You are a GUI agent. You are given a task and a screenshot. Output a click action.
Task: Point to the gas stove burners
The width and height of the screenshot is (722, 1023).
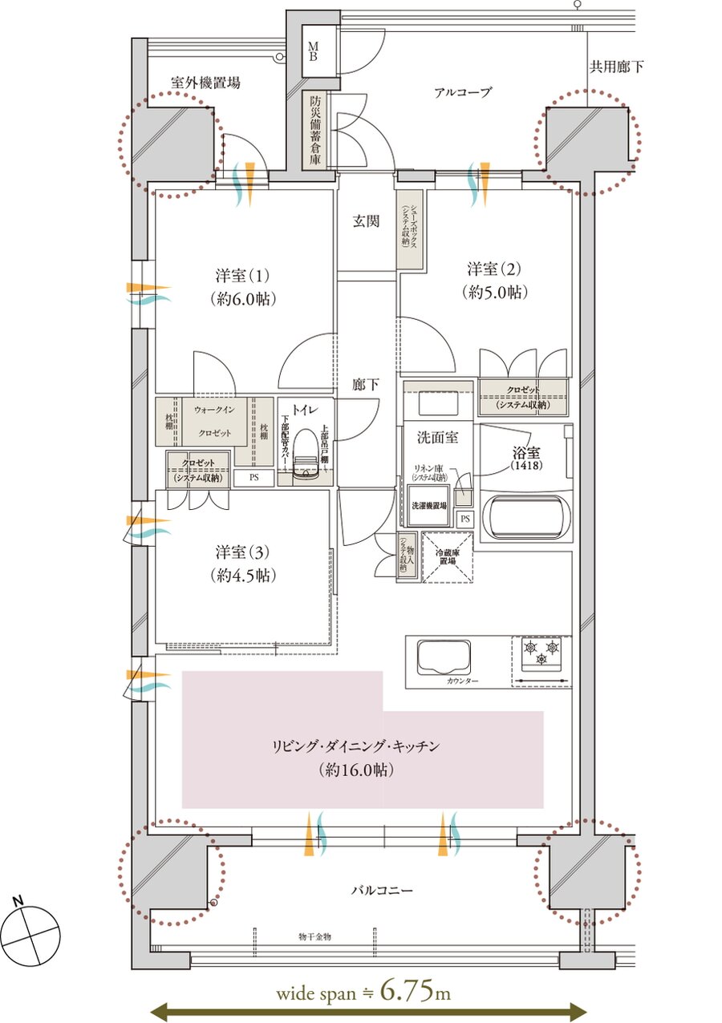(x=541, y=652)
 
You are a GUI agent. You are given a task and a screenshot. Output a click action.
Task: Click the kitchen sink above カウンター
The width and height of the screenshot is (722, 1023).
(x=440, y=657)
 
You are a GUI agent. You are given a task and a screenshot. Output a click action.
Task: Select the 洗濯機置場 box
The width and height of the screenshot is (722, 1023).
(x=428, y=506)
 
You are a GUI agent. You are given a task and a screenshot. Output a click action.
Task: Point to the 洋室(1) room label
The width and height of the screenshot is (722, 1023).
(x=242, y=286)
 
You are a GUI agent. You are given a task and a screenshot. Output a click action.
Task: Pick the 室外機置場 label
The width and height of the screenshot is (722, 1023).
(x=205, y=82)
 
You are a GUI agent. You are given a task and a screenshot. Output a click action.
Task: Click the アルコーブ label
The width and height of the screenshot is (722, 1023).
(x=462, y=92)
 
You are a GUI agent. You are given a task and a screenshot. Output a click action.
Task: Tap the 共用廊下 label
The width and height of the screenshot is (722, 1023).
(x=616, y=67)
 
